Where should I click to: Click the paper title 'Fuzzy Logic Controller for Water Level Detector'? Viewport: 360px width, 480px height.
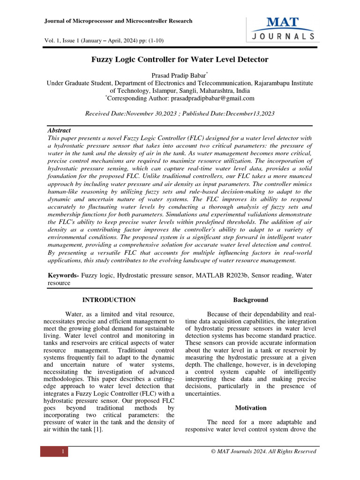click(180, 60)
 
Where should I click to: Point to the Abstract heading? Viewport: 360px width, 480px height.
click(60, 130)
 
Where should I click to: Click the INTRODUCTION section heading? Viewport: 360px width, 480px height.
click(109, 300)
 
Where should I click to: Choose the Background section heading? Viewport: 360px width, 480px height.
click(251, 300)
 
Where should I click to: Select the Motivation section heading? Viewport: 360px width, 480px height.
click(251, 408)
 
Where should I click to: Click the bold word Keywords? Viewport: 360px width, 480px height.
click(64, 275)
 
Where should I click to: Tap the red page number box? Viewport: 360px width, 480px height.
click(54, 451)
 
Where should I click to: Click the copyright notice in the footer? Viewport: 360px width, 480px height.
click(263, 451)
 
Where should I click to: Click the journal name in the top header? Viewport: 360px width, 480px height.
click(118, 21)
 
